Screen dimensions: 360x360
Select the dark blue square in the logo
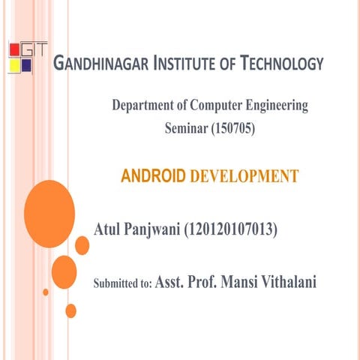coord(27,65)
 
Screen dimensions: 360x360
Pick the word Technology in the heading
coord(281,64)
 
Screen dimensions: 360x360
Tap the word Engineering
coord(279,106)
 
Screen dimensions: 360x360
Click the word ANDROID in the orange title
coord(153,177)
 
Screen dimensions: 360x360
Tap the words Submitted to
coord(121,284)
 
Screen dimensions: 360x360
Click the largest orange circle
coord(49,214)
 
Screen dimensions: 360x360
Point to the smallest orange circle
coord(46,292)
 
